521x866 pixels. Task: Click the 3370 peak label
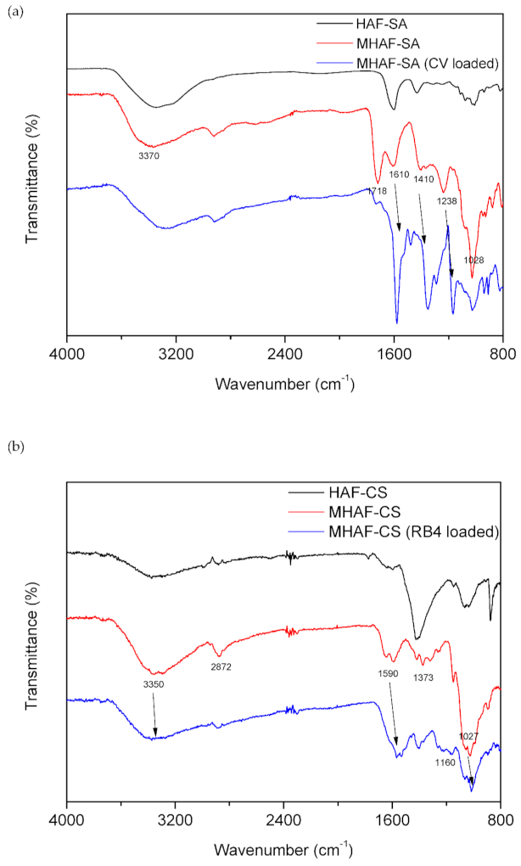tap(149, 156)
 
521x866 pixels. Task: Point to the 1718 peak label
tap(378, 191)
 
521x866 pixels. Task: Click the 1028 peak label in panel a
tap(473, 261)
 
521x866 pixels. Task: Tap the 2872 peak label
tap(221, 666)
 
